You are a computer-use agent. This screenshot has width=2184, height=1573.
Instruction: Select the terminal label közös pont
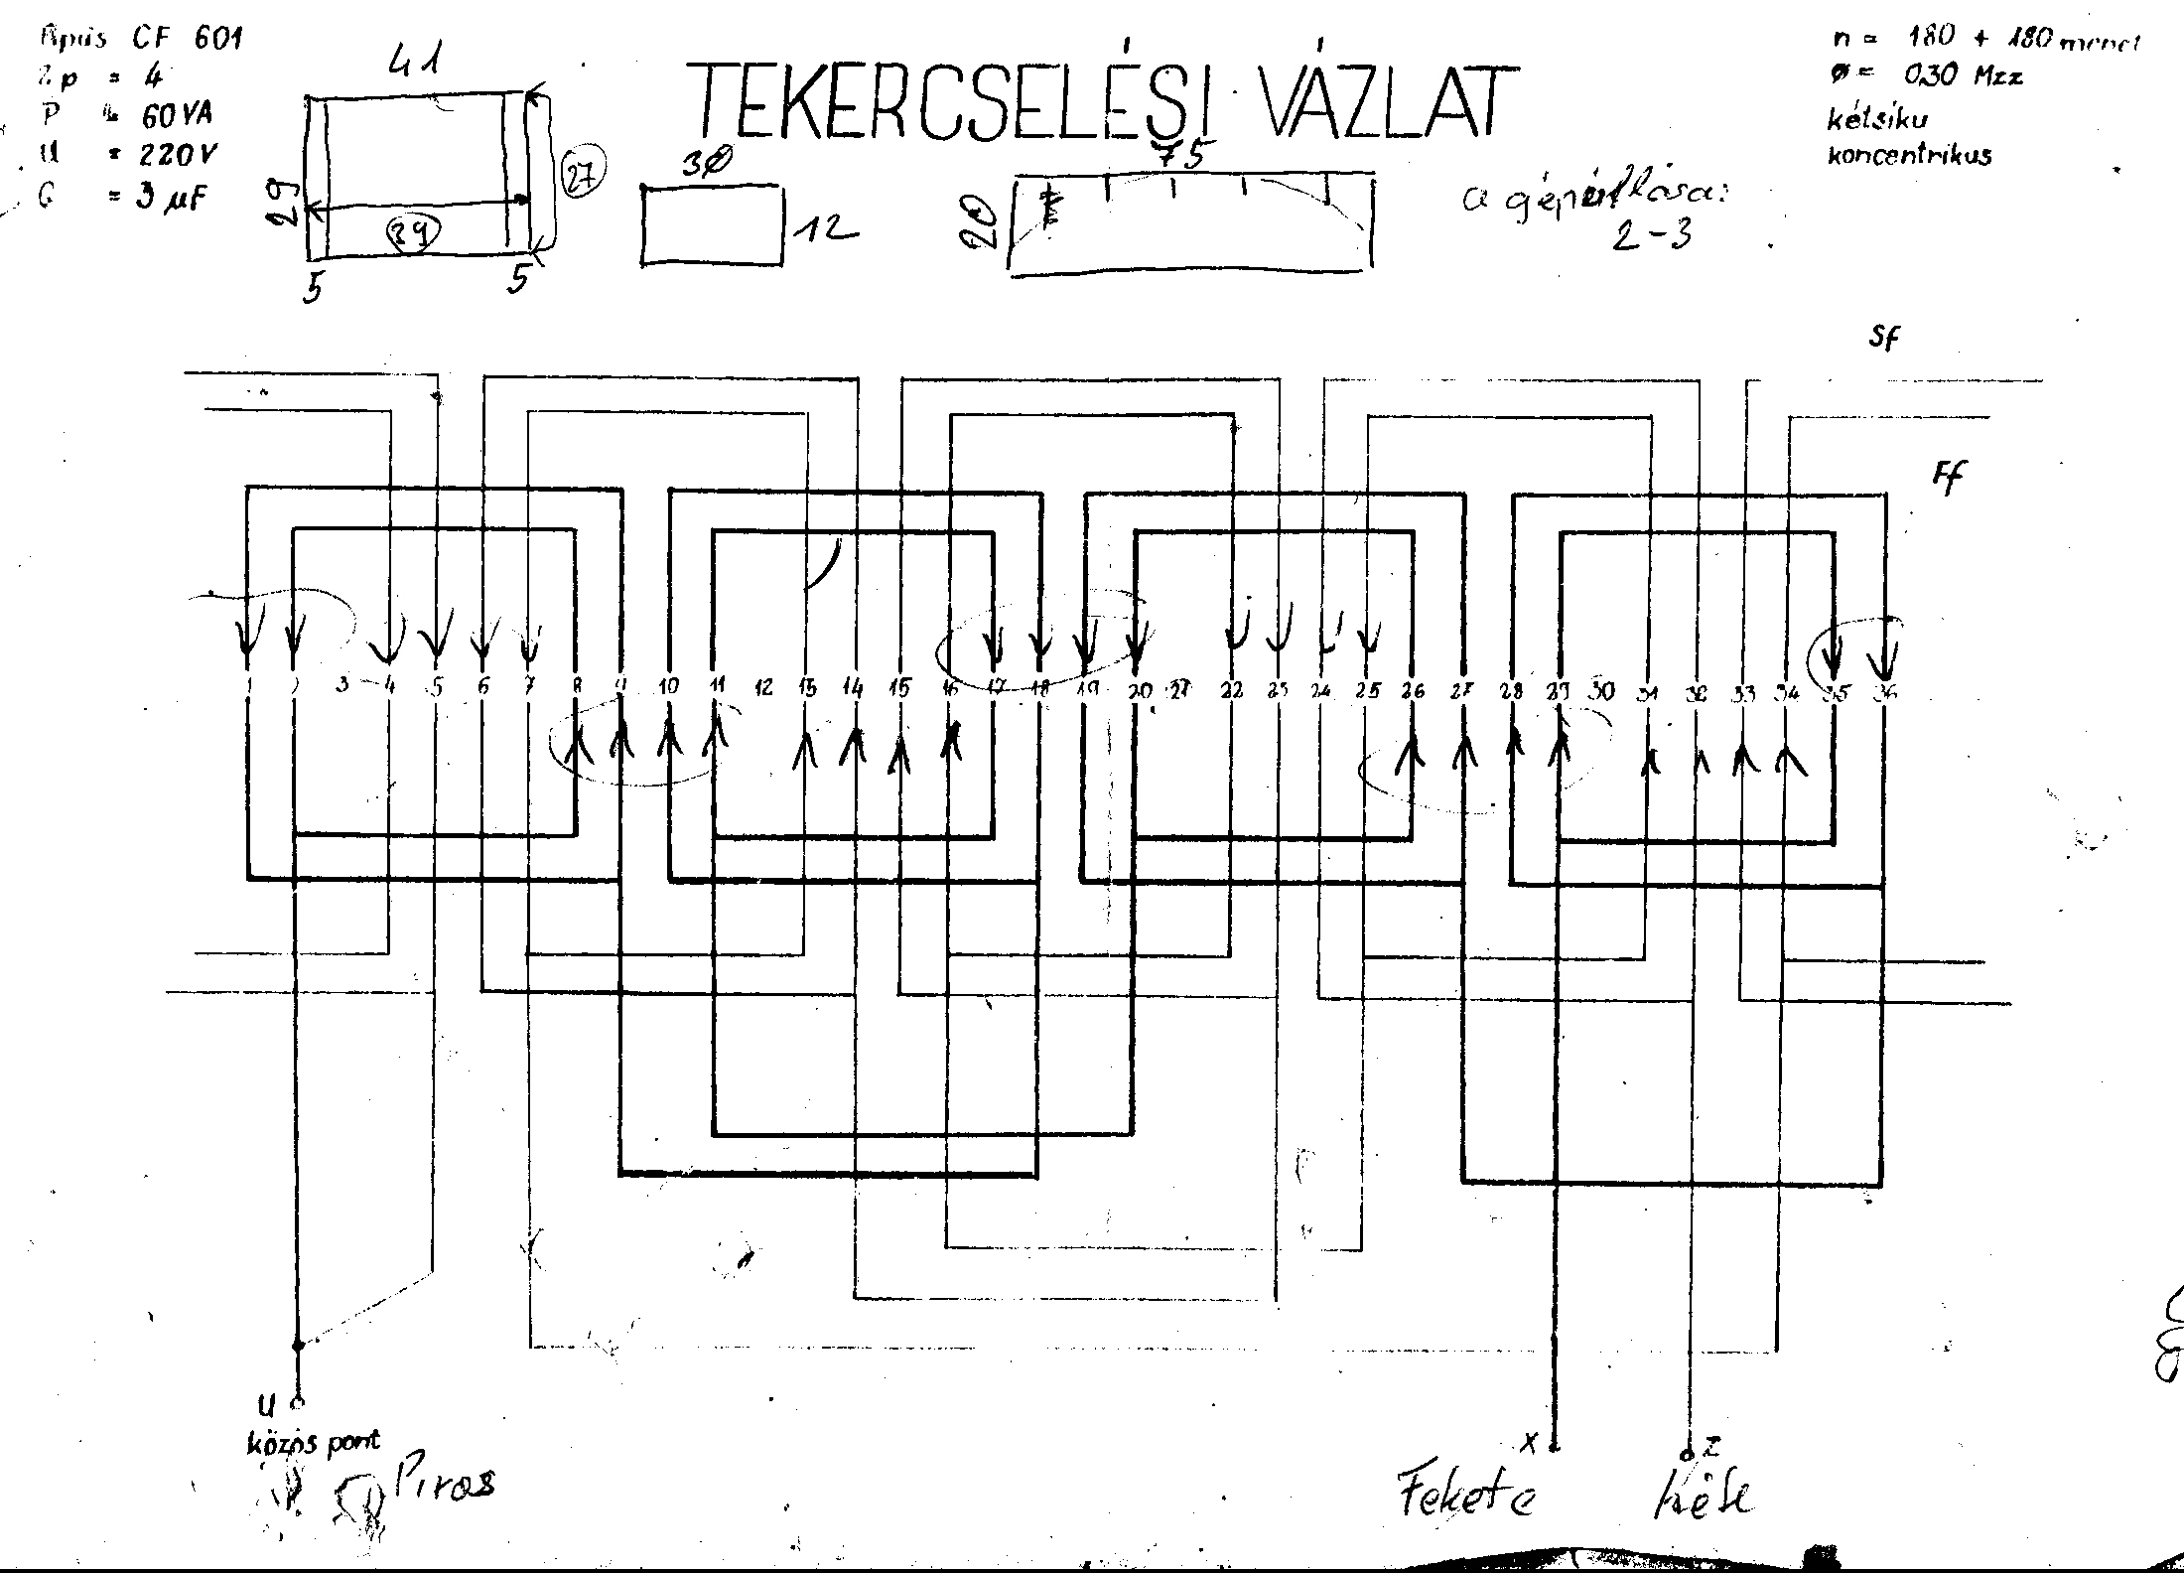click(x=313, y=1442)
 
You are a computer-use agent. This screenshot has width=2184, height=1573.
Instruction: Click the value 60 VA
click(x=177, y=116)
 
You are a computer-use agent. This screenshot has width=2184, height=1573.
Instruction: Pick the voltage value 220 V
click(x=179, y=155)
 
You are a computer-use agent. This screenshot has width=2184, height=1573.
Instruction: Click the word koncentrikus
click(x=1909, y=156)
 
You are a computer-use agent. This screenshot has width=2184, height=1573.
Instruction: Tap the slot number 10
click(x=668, y=686)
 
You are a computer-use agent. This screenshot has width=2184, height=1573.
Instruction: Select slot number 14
click(x=852, y=686)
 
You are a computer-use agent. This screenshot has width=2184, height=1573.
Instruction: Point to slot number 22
click(x=1231, y=689)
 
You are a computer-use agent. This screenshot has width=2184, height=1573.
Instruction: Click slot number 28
click(x=1511, y=690)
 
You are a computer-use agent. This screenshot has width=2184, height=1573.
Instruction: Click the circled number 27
click(x=581, y=175)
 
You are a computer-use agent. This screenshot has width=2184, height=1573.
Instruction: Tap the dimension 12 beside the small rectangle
click(x=825, y=230)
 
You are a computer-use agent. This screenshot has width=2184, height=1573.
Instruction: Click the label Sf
click(x=1883, y=339)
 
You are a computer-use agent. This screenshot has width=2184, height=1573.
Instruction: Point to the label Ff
click(x=1948, y=477)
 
